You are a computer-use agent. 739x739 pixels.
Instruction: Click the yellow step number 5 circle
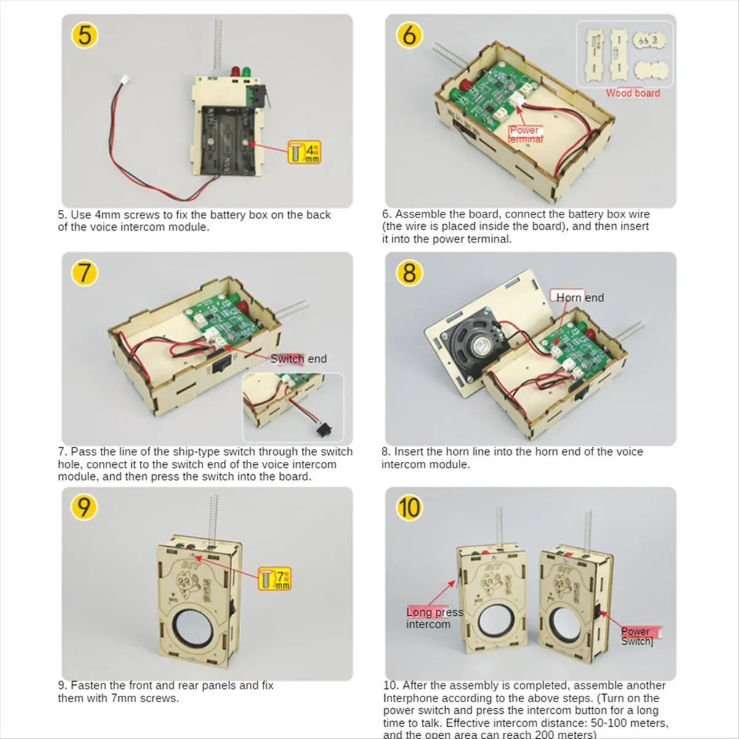[x=85, y=34]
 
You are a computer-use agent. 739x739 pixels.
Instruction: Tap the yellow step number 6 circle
[x=409, y=35]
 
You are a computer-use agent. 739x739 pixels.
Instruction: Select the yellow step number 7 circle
[x=85, y=272]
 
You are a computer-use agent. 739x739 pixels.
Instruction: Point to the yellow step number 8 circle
[x=409, y=272]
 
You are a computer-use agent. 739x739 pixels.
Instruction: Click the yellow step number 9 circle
[x=84, y=507]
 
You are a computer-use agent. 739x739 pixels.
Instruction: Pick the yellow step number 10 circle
[x=409, y=507]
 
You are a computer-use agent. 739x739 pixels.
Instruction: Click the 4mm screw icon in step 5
[x=305, y=151]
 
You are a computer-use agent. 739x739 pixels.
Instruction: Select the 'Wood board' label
[x=632, y=93]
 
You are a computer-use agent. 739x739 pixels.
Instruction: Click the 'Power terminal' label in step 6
[x=525, y=134]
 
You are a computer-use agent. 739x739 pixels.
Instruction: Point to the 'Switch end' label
[x=299, y=358]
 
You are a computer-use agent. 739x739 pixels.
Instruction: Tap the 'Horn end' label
[x=579, y=297]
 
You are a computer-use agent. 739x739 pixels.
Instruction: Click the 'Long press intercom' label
[x=434, y=618]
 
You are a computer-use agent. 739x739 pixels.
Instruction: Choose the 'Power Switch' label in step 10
[x=637, y=636]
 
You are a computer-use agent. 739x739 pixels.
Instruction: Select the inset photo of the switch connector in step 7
[x=293, y=407]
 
